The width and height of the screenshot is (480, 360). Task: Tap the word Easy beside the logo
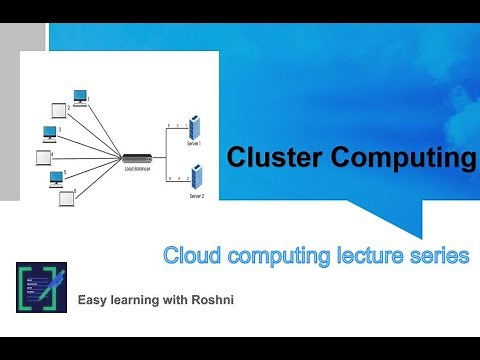(95, 297)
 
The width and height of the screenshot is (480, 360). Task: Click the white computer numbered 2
(58, 110)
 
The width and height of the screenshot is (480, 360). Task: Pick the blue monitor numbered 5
(57, 179)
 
